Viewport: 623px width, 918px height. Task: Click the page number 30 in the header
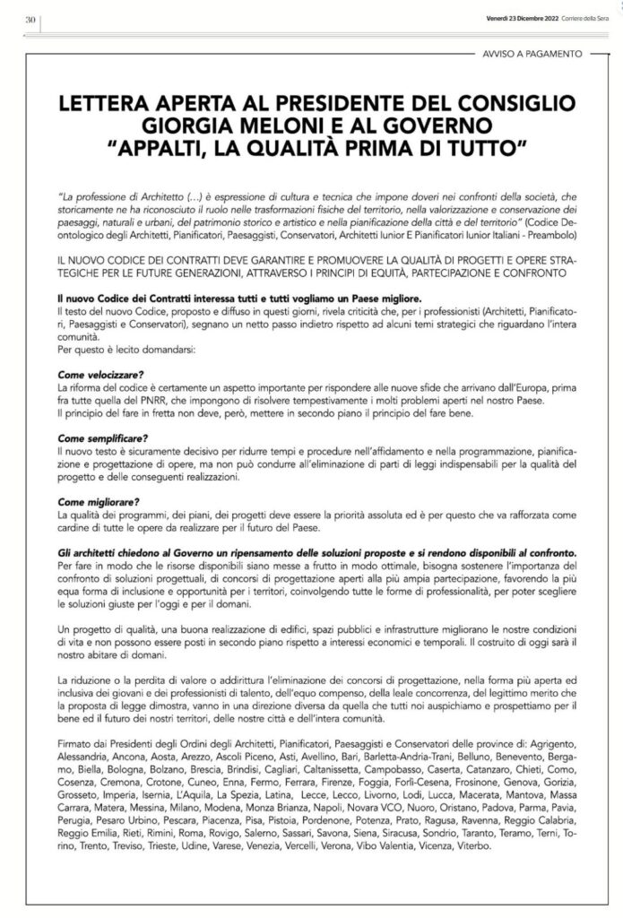[x=29, y=21]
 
